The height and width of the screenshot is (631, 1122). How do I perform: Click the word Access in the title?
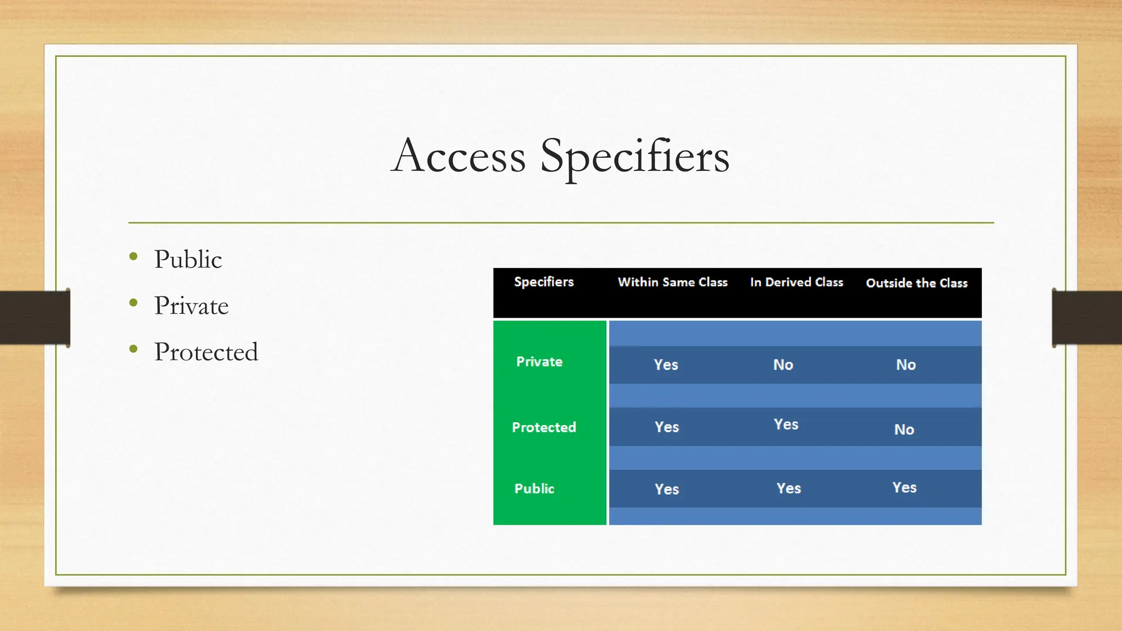click(459, 157)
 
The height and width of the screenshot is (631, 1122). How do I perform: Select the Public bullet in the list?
click(188, 260)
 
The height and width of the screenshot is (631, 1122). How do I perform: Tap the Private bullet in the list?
click(191, 306)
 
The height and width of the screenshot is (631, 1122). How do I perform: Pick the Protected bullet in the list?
click(205, 352)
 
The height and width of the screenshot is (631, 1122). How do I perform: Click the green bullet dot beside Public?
click(133, 256)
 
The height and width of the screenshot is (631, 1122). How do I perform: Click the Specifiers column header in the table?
click(543, 282)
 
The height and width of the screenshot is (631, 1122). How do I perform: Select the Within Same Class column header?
click(672, 283)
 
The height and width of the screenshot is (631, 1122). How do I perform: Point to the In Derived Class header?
click(796, 283)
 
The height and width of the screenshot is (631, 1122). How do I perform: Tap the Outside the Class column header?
click(917, 283)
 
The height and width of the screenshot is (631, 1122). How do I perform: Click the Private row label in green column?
click(539, 362)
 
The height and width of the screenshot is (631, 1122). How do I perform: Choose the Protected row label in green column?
click(543, 427)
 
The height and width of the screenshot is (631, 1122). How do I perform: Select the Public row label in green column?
click(534, 489)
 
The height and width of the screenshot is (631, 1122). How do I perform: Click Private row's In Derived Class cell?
click(783, 365)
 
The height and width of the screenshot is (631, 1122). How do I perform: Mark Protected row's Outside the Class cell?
click(904, 429)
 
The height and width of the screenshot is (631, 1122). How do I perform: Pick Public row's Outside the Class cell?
click(904, 487)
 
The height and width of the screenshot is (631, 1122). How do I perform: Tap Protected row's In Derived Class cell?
click(786, 425)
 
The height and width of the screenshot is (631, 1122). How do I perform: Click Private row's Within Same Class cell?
click(666, 365)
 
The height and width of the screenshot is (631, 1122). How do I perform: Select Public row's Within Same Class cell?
click(667, 489)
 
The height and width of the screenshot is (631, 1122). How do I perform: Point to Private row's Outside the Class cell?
click(906, 365)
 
